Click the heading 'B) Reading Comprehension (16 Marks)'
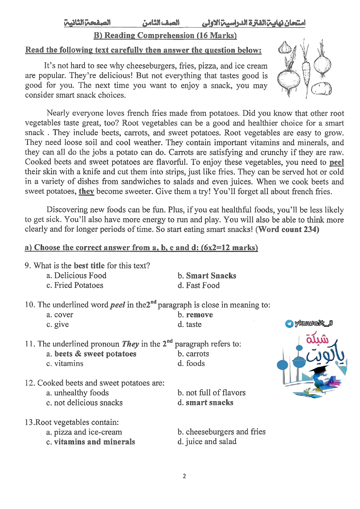[x=165, y=35]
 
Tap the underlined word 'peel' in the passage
[x=336, y=162]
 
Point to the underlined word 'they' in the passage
[x=86, y=191]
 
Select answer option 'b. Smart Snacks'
[x=207, y=276]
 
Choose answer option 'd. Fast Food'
[x=199, y=285]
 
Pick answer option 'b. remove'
[x=195, y=315]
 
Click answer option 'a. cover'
[x=60, y=315]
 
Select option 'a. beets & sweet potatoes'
[x=91, y=354]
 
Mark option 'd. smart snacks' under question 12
[x=205, y=402]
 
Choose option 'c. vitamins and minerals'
[x=91, y=441]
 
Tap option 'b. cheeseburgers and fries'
[x=221, y=432]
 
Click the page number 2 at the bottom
[x=184, y=476]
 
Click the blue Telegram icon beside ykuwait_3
[x=289, y=324]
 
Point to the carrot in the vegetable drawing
[x=306, y=71]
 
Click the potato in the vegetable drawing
[x=322, y=89]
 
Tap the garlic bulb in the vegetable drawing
[x=285, y=48]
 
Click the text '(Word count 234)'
[x=287, y=229]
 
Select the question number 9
[x=27, y=266]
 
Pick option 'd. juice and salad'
[x=207, y=441]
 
